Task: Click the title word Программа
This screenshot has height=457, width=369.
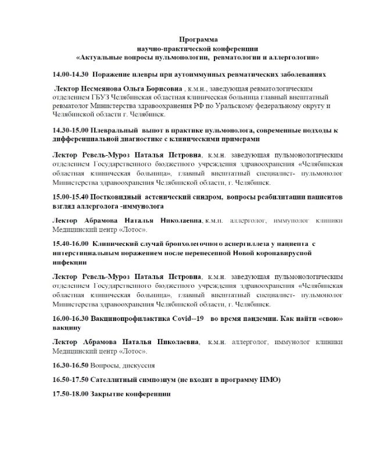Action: tap(198, 39)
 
